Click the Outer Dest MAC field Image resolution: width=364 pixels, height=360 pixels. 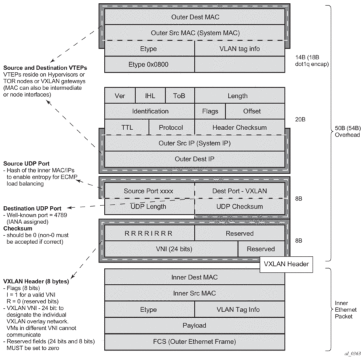[195, 17]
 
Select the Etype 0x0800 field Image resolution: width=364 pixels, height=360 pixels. [149, 64]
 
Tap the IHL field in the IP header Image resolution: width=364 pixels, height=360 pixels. [150, 95]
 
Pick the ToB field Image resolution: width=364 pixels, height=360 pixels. [180, 95]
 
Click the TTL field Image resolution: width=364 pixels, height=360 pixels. [127, 127]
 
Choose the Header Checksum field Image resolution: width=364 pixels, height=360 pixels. [240, 127]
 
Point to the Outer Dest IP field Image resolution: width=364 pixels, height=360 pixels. [195, 159]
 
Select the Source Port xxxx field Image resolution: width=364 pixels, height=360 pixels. [149, 191]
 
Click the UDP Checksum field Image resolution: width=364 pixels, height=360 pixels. [240, 207]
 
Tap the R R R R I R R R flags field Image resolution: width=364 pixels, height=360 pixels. [149, 233]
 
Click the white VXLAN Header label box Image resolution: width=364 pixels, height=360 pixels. [286, 264]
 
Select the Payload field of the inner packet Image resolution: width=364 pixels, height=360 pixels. [195, 325]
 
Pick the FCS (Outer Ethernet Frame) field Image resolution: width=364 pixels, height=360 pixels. [195, 341]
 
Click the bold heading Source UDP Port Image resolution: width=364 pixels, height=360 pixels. [26, 163]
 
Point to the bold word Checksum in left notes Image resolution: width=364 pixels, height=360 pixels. [17, 229]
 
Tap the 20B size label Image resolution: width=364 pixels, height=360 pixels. [300, 119]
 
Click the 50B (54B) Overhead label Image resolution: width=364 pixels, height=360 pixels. [347, 131]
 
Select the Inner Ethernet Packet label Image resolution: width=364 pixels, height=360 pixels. [345, 309]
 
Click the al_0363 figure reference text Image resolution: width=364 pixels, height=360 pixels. [353, 353]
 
